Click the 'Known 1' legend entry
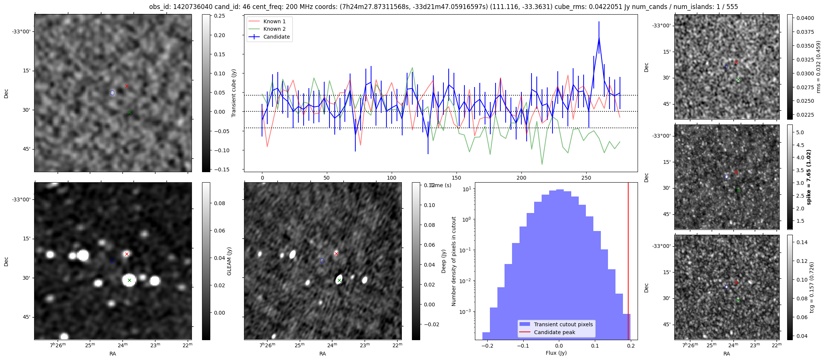(x=274, y=21)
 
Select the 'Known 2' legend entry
(x=274, y=29)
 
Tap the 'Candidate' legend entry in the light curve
(x=276, y=37)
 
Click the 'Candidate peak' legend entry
(x=554, y=332)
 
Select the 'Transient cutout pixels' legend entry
(x=563, y=324)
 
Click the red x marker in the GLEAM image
(x=127, y=254)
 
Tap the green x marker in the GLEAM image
(x=129, y=280)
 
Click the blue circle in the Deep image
(x=322, y=261)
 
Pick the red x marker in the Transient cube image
(x=127, y=86)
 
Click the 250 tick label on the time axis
(x=586, y=178)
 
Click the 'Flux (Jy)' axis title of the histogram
(x=556, y=353)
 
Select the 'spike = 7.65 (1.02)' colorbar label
(x=809, y=177)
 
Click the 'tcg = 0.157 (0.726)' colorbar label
(x=812, y=287)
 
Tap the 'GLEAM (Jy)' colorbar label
(x=229, y=261)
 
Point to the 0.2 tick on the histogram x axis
(x=631, y=346)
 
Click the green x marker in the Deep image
(x=339, y=280)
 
